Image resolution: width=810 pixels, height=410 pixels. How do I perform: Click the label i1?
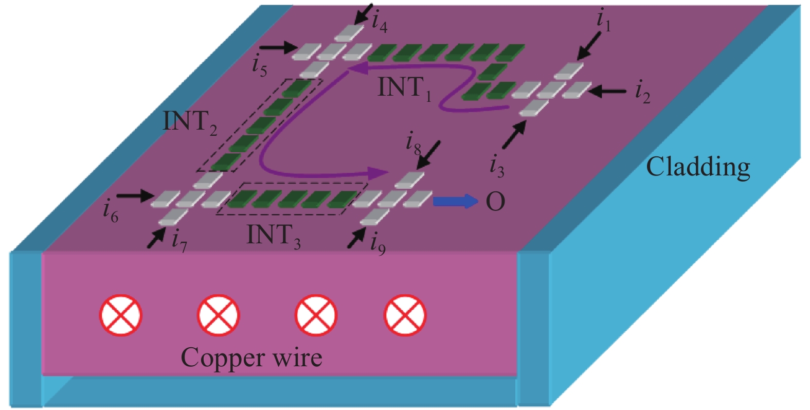603,21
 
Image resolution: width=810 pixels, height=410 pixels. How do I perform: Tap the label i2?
642,93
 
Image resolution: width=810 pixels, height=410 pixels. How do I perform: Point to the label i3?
497,166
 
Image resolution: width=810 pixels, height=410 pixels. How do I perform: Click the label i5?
260,66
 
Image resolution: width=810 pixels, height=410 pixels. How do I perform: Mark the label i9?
377,243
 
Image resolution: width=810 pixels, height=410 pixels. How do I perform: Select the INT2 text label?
190,122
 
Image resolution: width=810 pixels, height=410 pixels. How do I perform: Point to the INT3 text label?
274,236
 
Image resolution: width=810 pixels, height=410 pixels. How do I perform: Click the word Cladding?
698,168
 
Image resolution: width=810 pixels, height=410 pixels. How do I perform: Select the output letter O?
495,202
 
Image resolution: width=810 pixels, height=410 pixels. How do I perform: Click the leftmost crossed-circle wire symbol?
120,315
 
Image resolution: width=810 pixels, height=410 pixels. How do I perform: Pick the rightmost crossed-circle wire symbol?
405,315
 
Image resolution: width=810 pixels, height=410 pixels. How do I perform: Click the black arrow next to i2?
607,92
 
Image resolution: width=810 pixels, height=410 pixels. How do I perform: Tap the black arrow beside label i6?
135,195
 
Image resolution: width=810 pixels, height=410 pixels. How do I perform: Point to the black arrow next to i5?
278,48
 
